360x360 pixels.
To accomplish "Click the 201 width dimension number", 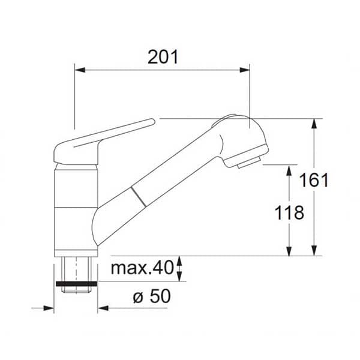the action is point(163,57).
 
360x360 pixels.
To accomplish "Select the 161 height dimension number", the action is point(314,180).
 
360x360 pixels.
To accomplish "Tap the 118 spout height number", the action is point(289,212).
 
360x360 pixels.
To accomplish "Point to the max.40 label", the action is point(142,268).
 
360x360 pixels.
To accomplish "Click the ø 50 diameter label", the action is point(152,296).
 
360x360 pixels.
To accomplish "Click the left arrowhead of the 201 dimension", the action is point(80,70).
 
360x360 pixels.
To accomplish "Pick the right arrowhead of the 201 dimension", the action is point(245,70).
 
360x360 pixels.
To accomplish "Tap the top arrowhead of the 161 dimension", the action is point(314,124).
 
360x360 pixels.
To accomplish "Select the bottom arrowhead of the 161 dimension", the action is point(314,250).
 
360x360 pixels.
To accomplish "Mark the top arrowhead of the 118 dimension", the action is point(289,170).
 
